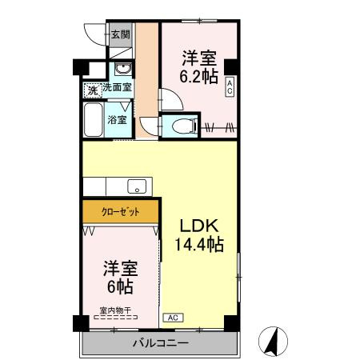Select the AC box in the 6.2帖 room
pyautogui.click(x=230, y=87)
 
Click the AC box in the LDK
pyautogui.click(x=172, y=318)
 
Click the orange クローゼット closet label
pyautogui.click(x=121, y=212)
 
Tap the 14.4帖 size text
pyautogui.click(x=199, y=244)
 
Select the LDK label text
pyautogui.click(x=198, y=225)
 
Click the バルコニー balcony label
pyautogui.click(x=159, y=344)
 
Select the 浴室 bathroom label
pyautogui.click(x=117, y=119)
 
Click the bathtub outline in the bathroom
pyautogui.click(x=94, y=121)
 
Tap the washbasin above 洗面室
pyautogui.click(x=122, y=69)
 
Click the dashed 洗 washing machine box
pyautogui.click(x=92, y=90)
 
